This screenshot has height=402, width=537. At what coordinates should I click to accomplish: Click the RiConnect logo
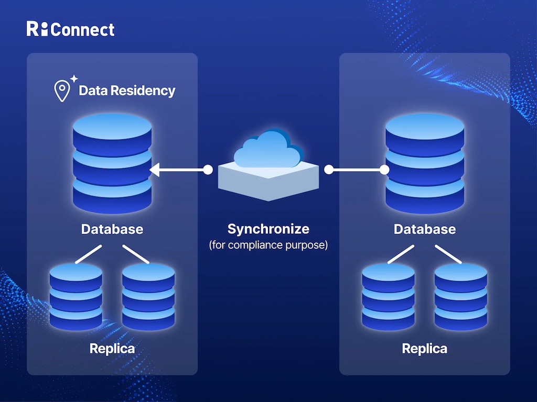[x=70, y=29]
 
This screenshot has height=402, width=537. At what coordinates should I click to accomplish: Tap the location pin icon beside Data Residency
[x=62, y=91]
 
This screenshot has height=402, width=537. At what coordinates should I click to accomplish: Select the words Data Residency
[x=127, y=91]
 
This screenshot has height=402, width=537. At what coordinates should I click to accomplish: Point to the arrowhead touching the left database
[x=154, y=170]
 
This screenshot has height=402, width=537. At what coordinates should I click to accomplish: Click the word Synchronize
[x=268, y=229]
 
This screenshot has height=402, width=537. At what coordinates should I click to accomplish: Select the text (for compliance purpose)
[x=268, y=245]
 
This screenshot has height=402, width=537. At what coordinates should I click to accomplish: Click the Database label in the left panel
[x=112, y=229]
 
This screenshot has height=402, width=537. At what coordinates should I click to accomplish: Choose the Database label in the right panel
[x=425, y=229]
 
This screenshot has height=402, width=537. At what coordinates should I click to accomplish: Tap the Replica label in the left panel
[x=112, y=348]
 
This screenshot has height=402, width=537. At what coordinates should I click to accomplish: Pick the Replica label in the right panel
[x=425, y=348]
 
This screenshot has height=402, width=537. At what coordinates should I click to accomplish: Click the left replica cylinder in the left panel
[x=76, y=296]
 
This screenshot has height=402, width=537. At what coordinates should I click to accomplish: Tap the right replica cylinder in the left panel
[x=148, y=296]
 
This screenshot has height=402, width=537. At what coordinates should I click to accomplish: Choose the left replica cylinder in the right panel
[x=389, y=296]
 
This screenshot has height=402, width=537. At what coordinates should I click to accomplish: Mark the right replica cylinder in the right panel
[x=461, y=296]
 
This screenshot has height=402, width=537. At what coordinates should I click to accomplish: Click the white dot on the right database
[x=384, y=170]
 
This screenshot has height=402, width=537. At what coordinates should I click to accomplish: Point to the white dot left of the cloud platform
[x=208, y=170]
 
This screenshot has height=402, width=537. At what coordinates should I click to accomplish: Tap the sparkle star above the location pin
[x=73, y=79]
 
